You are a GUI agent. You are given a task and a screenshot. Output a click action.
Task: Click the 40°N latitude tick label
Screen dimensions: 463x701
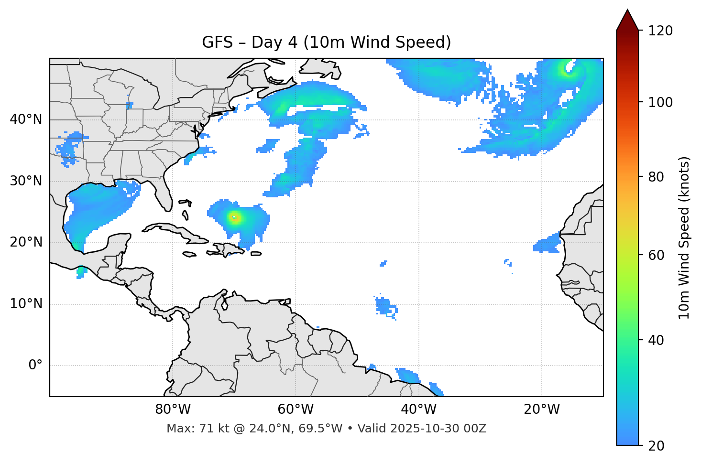[26, 119]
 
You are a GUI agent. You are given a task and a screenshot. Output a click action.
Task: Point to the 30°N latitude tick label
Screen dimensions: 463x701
[26, 181]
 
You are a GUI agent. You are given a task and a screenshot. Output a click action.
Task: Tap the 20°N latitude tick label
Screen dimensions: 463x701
[26, 242]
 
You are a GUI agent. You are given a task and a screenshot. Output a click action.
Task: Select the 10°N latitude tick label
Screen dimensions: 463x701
[26, 304]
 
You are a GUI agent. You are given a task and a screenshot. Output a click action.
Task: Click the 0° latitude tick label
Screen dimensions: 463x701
[35, 366]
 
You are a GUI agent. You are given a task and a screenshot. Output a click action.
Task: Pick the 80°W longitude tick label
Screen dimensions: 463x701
[173, 409]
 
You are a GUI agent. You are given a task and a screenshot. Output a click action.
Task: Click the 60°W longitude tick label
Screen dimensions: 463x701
[296, 409]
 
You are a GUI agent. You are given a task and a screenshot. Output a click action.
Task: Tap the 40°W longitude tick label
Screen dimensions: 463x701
[418, 409]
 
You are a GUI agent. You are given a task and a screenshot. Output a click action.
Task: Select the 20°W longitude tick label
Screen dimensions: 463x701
[541, 409]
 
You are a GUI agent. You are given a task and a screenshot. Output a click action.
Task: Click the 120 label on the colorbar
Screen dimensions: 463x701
[660, 31]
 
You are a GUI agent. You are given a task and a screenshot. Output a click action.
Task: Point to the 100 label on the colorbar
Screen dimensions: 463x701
[660, 102]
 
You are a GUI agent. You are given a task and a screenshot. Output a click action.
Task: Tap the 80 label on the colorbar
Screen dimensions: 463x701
[657, 177]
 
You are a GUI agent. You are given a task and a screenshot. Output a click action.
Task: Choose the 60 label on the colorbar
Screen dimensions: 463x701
[657, 255]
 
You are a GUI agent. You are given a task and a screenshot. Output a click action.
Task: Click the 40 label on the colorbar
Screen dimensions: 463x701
[657, 340]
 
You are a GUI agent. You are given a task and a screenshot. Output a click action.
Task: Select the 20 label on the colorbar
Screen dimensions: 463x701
[657, 446]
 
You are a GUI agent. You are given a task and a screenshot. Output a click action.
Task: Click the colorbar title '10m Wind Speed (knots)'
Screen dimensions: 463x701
[684, 238]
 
